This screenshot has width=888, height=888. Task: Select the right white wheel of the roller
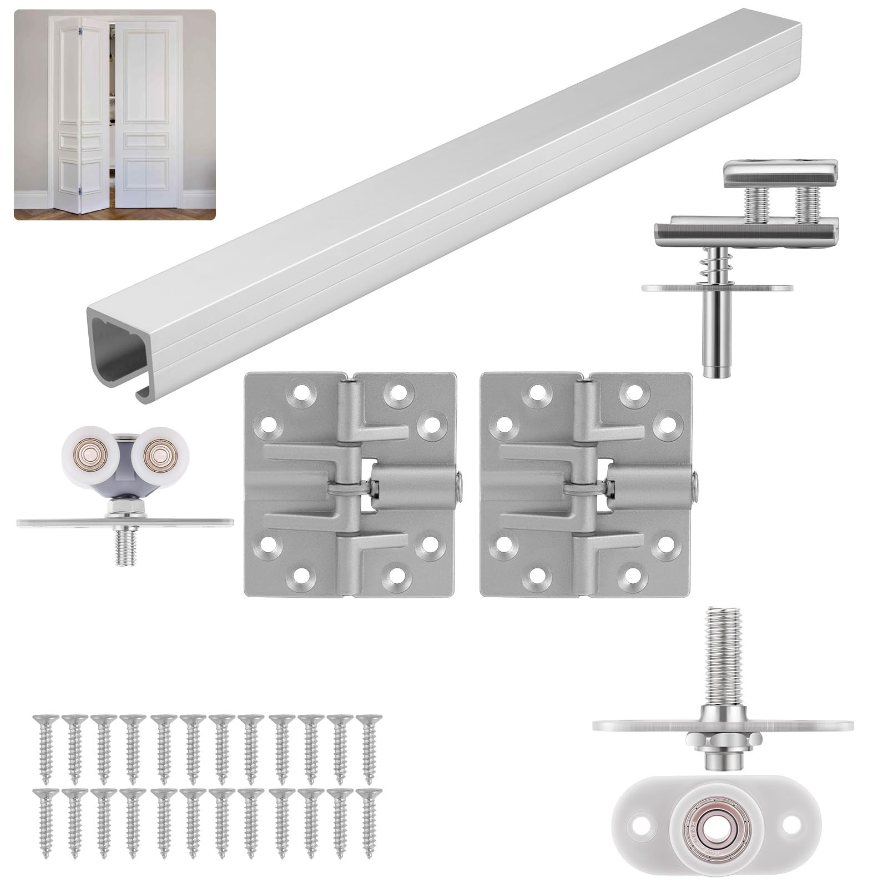pos(156,451)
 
